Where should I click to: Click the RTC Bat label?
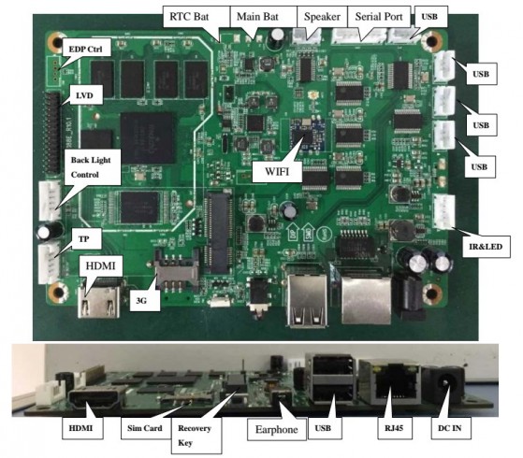coord(189,17)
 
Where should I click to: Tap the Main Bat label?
coord(257,17)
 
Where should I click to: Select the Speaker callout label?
coord(322,17)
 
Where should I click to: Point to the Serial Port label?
coord(379,17)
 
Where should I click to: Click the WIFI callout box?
coord(277,171)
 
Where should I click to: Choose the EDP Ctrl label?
coord(85,50)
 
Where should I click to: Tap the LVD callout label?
coord(84,95)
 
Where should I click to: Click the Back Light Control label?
coord(91,167)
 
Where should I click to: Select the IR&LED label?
coord(486,247)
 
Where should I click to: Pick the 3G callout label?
coord(141,301)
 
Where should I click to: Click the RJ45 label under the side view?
coord(394,428)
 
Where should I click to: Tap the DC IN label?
coord(450,428)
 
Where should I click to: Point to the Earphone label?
coord(277,429)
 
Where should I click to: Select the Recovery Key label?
coord(194,436)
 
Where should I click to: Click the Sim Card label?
coord(144,428)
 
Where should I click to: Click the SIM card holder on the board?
coord(176,271)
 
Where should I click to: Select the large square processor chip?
coord(148,137)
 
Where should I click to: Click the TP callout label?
coord(83,239)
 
